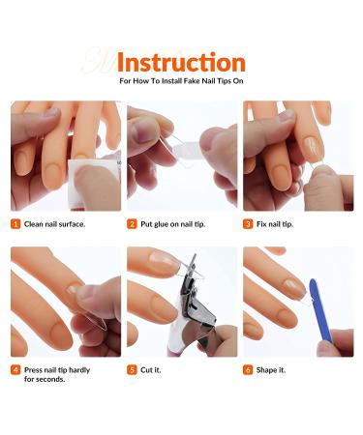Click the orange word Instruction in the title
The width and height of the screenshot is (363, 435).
tap(180, 63)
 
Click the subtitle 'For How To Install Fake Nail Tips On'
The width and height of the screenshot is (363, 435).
tap(180, 83)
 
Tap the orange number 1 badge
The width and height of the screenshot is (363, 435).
tap(16, 224)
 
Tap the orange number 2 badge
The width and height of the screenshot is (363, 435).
tap(133, 224)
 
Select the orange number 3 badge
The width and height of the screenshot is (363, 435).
tap(249, 224)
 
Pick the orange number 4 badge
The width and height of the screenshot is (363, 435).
tap(16, 369)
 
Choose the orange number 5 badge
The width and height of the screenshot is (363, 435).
tap(133, 369)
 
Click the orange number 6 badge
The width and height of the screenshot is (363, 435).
tap(249, 369)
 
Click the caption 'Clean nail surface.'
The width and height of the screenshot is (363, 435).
tap(54, 224)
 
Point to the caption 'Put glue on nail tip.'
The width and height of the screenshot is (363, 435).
tap(175, 224)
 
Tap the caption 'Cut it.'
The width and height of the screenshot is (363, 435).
tap(152, 369)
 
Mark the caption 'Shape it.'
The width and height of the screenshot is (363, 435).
tap(272, 369)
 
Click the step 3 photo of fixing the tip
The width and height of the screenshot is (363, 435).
tap(297, 156)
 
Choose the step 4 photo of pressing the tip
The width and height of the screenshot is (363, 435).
tap(65, 302)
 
